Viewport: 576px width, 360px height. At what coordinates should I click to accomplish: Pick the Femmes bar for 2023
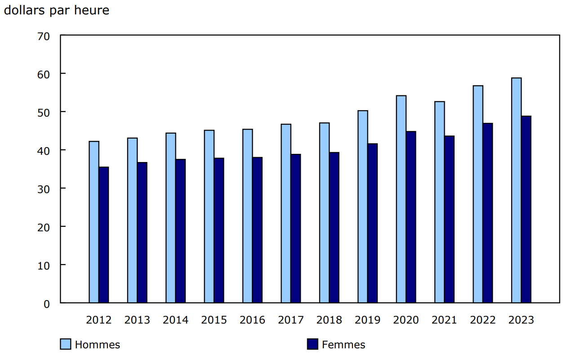[526, 209]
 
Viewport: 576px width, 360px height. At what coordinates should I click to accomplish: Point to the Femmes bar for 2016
[257, 230]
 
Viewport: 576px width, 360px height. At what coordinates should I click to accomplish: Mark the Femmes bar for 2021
[449, 219]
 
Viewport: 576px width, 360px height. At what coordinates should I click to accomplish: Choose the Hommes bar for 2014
[171, 218]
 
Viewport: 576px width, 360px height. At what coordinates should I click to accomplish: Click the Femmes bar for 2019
[372, 223]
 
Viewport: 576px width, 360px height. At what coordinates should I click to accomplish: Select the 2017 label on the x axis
[291, 320]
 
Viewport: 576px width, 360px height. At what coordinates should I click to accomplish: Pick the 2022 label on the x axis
[483, 320]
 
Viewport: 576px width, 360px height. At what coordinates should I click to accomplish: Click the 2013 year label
[137, 320]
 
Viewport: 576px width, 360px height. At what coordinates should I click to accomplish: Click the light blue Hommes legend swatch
[66, 344]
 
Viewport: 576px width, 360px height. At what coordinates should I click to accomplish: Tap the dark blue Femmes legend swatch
[313, 344]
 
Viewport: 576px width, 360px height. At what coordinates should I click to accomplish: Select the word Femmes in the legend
[344, 345]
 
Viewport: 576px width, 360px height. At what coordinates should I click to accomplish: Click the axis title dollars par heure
[57, 10]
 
